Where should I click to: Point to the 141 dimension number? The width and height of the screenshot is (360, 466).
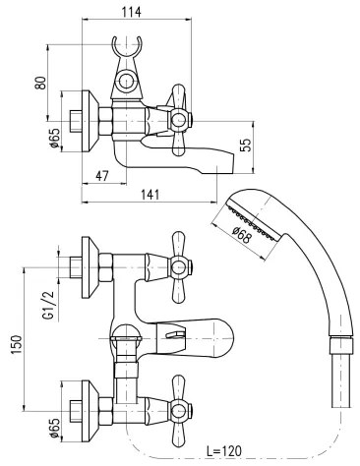[x=150, y=195]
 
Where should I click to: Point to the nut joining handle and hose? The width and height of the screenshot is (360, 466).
[x=340, y=344]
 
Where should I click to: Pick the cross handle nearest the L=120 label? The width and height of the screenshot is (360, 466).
[x=183, y=404]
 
